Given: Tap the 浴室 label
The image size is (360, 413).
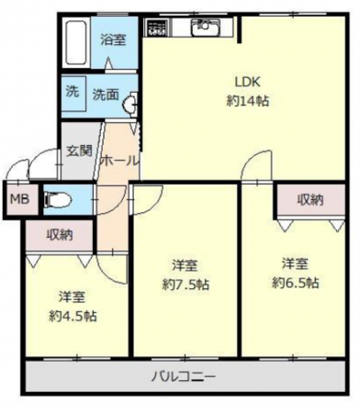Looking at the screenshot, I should pyautogui.click(x=113, y=39).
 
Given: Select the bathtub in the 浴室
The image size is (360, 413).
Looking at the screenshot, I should pyautogui.click(x=79, y=40).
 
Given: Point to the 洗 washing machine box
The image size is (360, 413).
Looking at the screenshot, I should pyautogui.click(x=72, y=92).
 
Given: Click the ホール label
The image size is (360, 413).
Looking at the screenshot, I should pyautogui.click(x=118, y=160).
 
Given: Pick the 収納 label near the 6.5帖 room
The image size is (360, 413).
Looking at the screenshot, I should pyautogui.click(x=309, y=199).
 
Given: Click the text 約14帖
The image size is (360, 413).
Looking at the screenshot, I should pyautogui.click(x=248, y=100).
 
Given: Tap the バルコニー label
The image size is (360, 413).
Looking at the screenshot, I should pyautogui.click(x=184, y=376).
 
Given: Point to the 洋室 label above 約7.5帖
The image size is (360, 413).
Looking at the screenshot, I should pyautogui.click(x=185, y=266).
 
